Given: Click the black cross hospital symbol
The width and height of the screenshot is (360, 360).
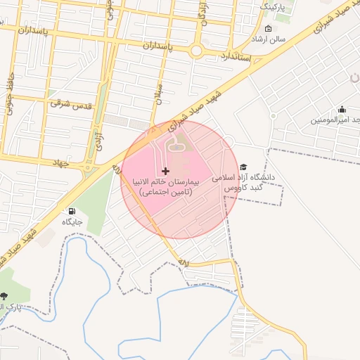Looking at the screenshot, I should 165,171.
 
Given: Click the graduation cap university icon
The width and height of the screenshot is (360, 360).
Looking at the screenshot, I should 243,167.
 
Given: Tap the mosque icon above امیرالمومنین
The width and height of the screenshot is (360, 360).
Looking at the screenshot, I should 342,109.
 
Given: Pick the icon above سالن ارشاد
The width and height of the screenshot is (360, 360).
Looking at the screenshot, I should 269,29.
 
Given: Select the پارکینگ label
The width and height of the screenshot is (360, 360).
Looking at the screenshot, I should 274,6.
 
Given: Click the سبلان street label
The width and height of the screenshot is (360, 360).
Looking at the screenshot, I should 159,92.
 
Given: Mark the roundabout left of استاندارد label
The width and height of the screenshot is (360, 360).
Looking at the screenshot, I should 196,51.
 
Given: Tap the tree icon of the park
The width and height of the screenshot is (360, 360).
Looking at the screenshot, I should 5,296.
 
